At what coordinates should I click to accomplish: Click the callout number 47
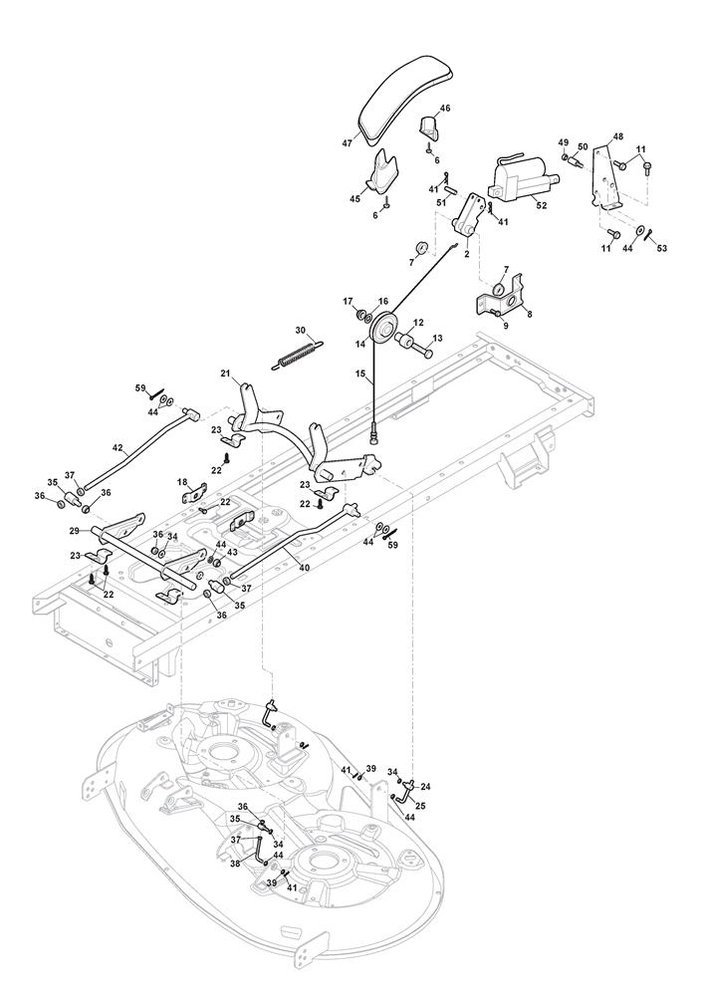pos(347,143)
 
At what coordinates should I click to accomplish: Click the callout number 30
pos(302,331)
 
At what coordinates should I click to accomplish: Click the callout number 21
pos(226,373)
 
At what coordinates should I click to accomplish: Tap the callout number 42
pos(117,447)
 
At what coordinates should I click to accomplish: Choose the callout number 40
pos(303,568)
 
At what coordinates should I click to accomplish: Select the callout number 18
pos(182,482)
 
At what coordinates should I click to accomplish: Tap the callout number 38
pos(235,865)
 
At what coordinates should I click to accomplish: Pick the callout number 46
pos(444,108)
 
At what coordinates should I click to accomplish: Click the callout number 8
pos(528,314)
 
